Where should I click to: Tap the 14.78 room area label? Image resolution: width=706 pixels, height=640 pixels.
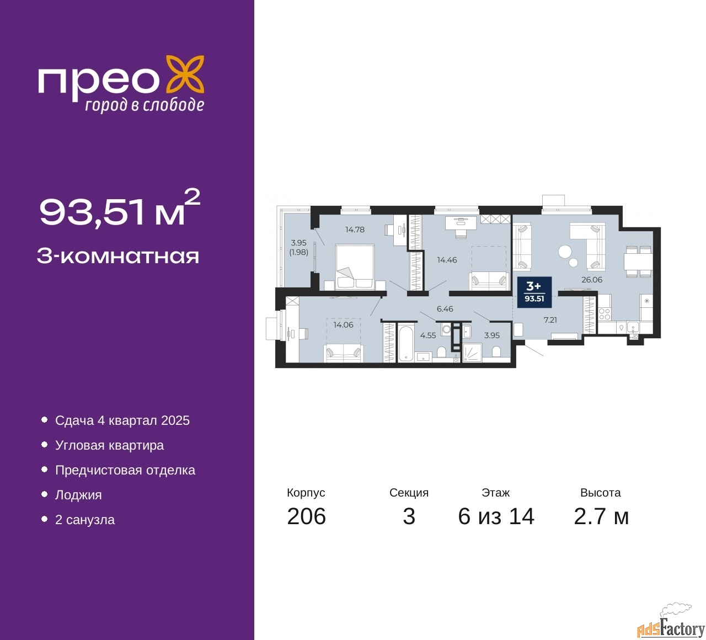coord(355,230)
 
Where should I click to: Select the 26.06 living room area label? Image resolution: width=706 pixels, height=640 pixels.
coord(592,280)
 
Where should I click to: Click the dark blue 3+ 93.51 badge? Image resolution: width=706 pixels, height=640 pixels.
coord(534,292)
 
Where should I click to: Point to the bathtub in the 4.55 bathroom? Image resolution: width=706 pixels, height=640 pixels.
coord(406,343)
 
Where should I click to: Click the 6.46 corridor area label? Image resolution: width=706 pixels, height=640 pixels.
coord(445,309)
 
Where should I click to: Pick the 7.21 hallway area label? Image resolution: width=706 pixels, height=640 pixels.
coord(550,320)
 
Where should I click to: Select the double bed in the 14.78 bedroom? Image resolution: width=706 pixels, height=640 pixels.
coord(355,268)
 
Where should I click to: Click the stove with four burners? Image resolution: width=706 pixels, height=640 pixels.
coord(605,314)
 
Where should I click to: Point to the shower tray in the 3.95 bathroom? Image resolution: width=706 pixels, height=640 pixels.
coord(472,353)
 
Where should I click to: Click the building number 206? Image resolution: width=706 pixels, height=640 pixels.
coord(307,516)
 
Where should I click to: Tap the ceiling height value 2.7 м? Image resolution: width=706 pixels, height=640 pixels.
coord(601,516)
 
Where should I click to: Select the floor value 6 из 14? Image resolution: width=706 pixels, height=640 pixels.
coord(496,516)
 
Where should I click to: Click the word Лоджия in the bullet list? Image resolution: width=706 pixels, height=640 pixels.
coord(78,495)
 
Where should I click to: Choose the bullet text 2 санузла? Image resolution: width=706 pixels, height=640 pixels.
coord(85,520)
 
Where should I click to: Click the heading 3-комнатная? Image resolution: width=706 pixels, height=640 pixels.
coord(118,256)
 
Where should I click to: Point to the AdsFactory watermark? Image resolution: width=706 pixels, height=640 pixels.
coord(671,624)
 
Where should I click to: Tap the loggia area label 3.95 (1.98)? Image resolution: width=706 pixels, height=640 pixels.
coord(298,247)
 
